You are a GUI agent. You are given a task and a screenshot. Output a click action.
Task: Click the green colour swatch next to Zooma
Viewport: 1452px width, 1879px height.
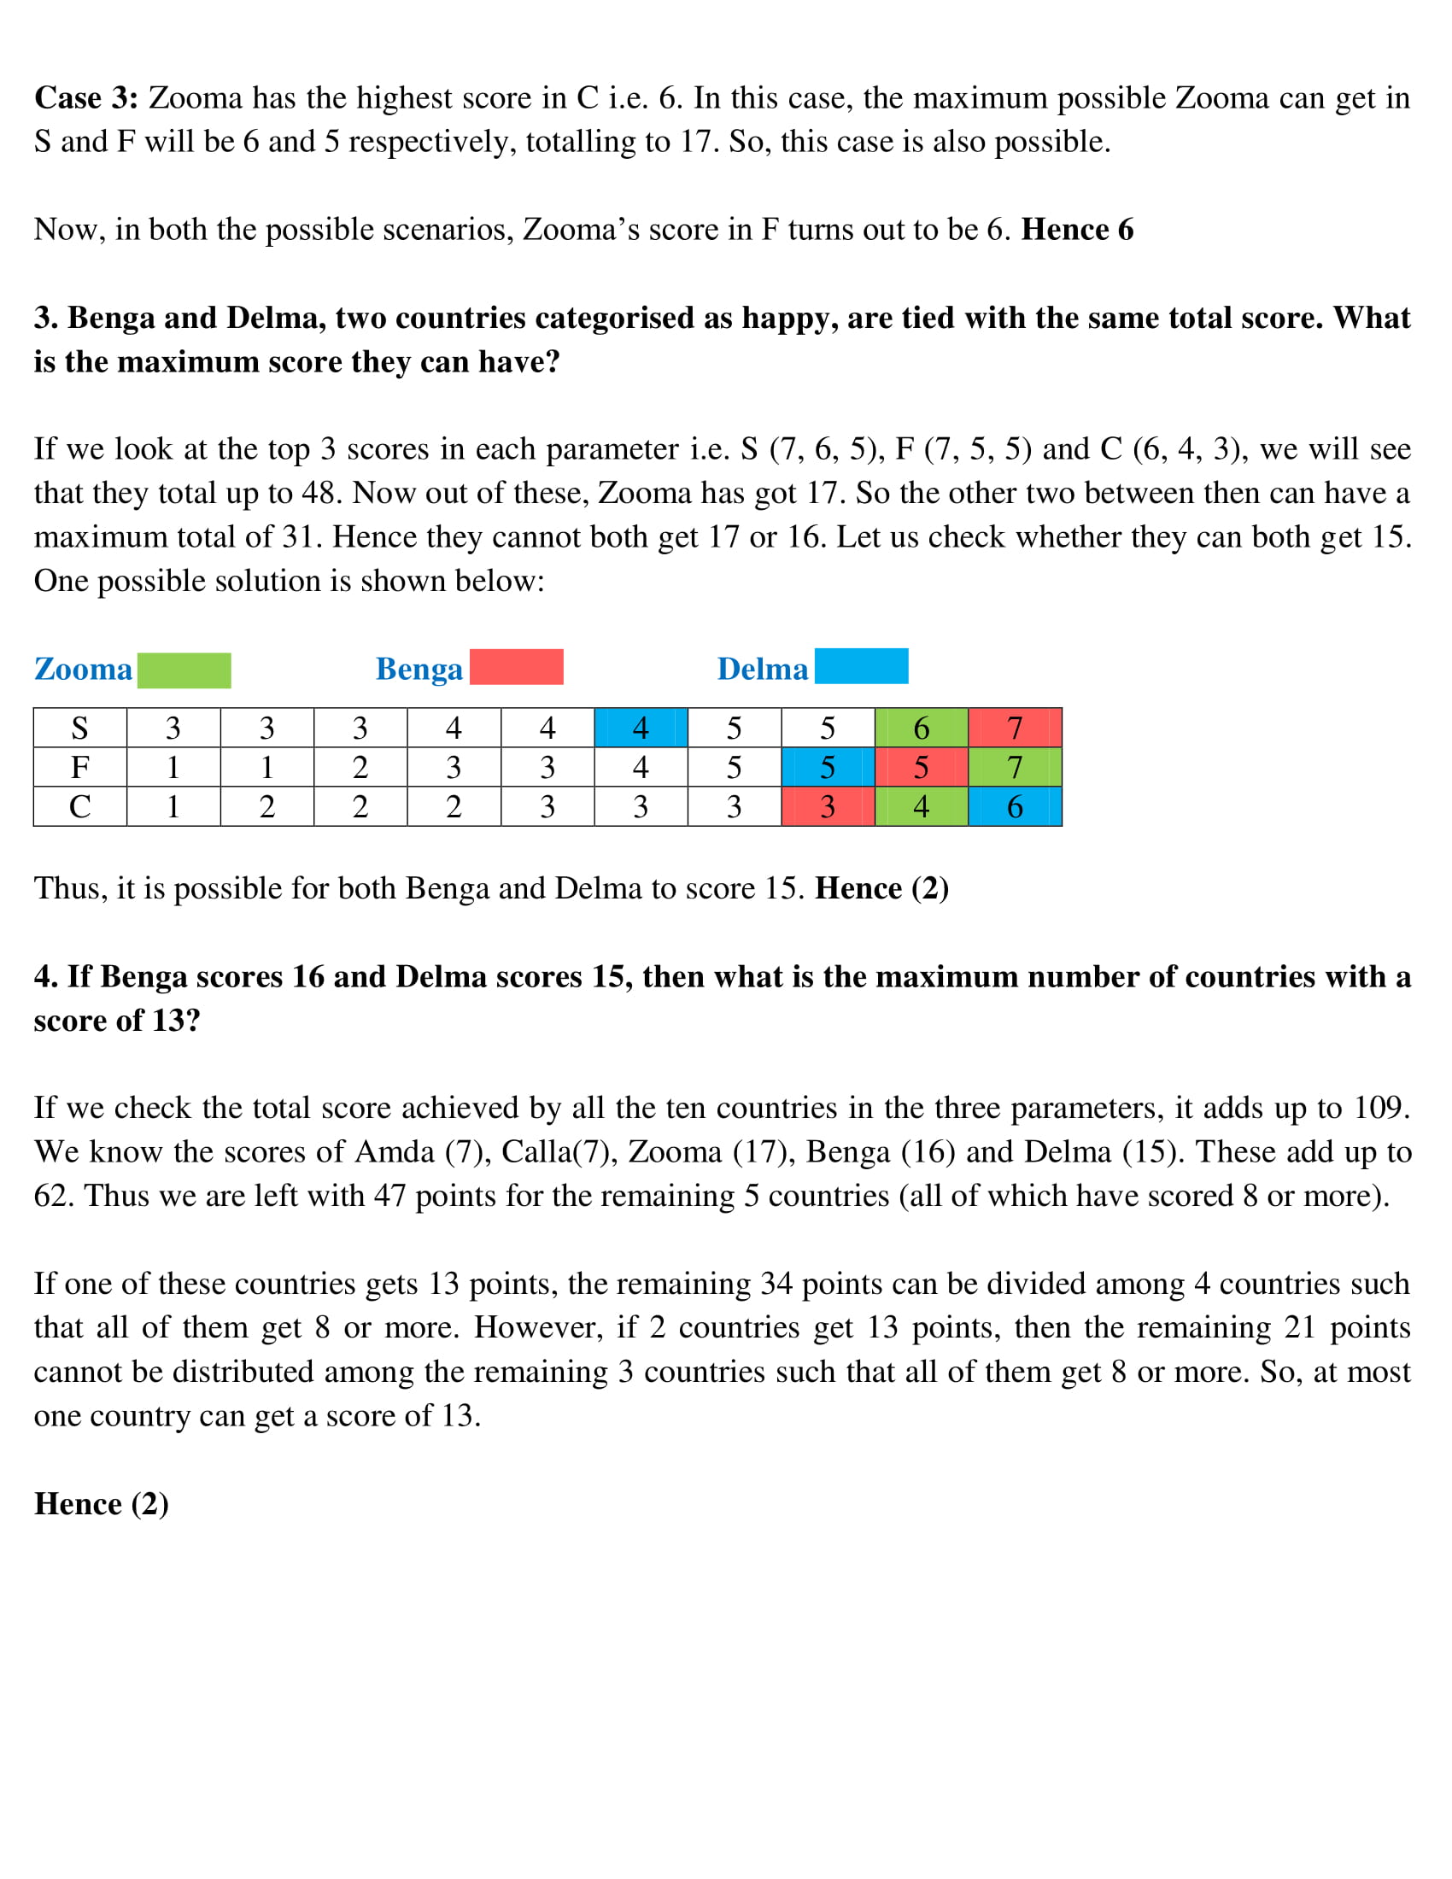(x=184, y=670)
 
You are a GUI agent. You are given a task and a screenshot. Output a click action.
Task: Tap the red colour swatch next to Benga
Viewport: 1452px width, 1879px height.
(x=516, y=667)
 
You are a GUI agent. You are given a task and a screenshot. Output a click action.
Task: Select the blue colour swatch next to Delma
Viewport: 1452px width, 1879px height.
(x=861, y=666)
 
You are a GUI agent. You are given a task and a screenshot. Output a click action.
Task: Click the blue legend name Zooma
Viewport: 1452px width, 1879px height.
(x=84, y=670)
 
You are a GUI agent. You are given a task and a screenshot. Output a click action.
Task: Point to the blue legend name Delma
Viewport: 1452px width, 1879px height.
(x=762, y=670)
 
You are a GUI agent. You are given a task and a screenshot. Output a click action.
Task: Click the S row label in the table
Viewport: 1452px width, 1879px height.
(x=80, y=728)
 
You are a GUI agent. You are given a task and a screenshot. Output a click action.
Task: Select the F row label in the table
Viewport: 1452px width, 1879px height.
(x=80, y=767)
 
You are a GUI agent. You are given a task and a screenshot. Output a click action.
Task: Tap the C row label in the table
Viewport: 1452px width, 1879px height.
(x=80, y=806)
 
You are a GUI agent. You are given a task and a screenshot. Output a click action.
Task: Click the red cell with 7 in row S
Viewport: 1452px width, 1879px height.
(x=1015, y=728)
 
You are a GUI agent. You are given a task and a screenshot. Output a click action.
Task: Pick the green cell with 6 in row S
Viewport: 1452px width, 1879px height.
(x=922, y=728)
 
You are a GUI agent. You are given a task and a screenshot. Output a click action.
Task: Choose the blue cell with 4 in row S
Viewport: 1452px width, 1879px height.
(x=641, y=728)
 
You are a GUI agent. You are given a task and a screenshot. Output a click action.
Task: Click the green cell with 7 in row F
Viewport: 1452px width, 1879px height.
(x=1015, y=767)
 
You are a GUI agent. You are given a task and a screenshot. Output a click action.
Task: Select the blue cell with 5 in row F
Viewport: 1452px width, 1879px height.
(x=828, y=767)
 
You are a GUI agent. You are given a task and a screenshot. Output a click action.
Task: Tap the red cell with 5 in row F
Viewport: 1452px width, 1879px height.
(x=922, y=767)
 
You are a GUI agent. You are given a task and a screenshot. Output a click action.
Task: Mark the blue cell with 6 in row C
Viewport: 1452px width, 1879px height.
(x=1015, y=806)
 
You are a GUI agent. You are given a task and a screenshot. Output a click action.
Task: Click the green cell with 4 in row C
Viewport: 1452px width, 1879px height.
(x=922, y=806)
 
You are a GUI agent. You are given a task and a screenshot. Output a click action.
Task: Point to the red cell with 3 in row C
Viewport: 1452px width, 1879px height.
(x=828, y=806)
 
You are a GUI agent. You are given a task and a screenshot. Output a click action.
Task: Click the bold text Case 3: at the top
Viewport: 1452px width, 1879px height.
(x=86, y=98)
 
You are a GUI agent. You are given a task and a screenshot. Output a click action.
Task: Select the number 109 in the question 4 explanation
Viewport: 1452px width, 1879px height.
(x=1381, y=1107)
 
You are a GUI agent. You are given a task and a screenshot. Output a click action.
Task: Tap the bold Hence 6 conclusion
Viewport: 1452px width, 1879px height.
(x=1077, y=230)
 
